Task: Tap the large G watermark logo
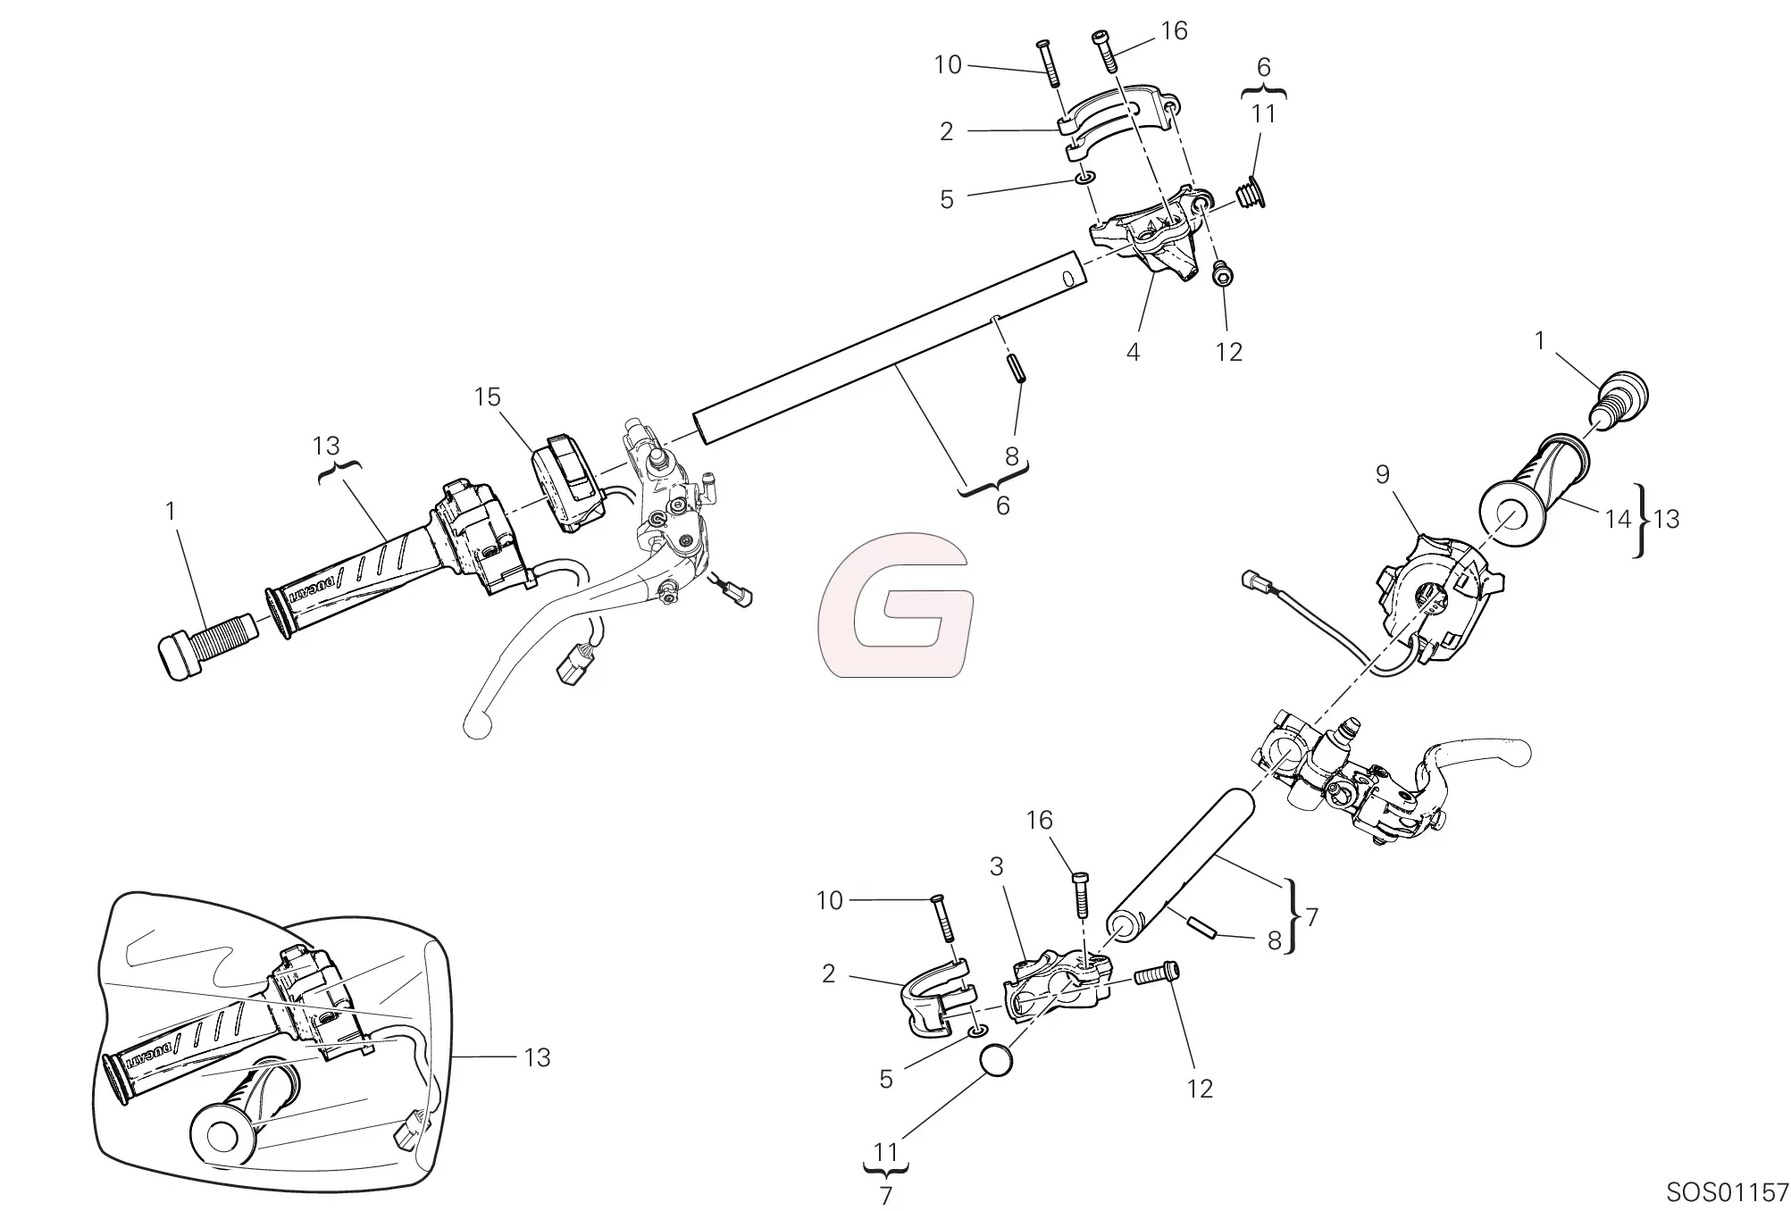click(x=895, y=605)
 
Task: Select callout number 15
click(x=487, y=397)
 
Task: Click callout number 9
click(x=1382, y=474)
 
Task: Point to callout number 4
click(x=1133, y=352)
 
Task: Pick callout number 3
click(x=996, y=866)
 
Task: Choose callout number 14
click(x=1618, y=519)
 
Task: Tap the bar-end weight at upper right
click(x=1619, y=403)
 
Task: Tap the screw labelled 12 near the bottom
click(x=1157, y=974)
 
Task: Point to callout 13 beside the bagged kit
click(x=537, y=1057)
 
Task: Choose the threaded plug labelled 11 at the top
click(x=1251, y=193)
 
